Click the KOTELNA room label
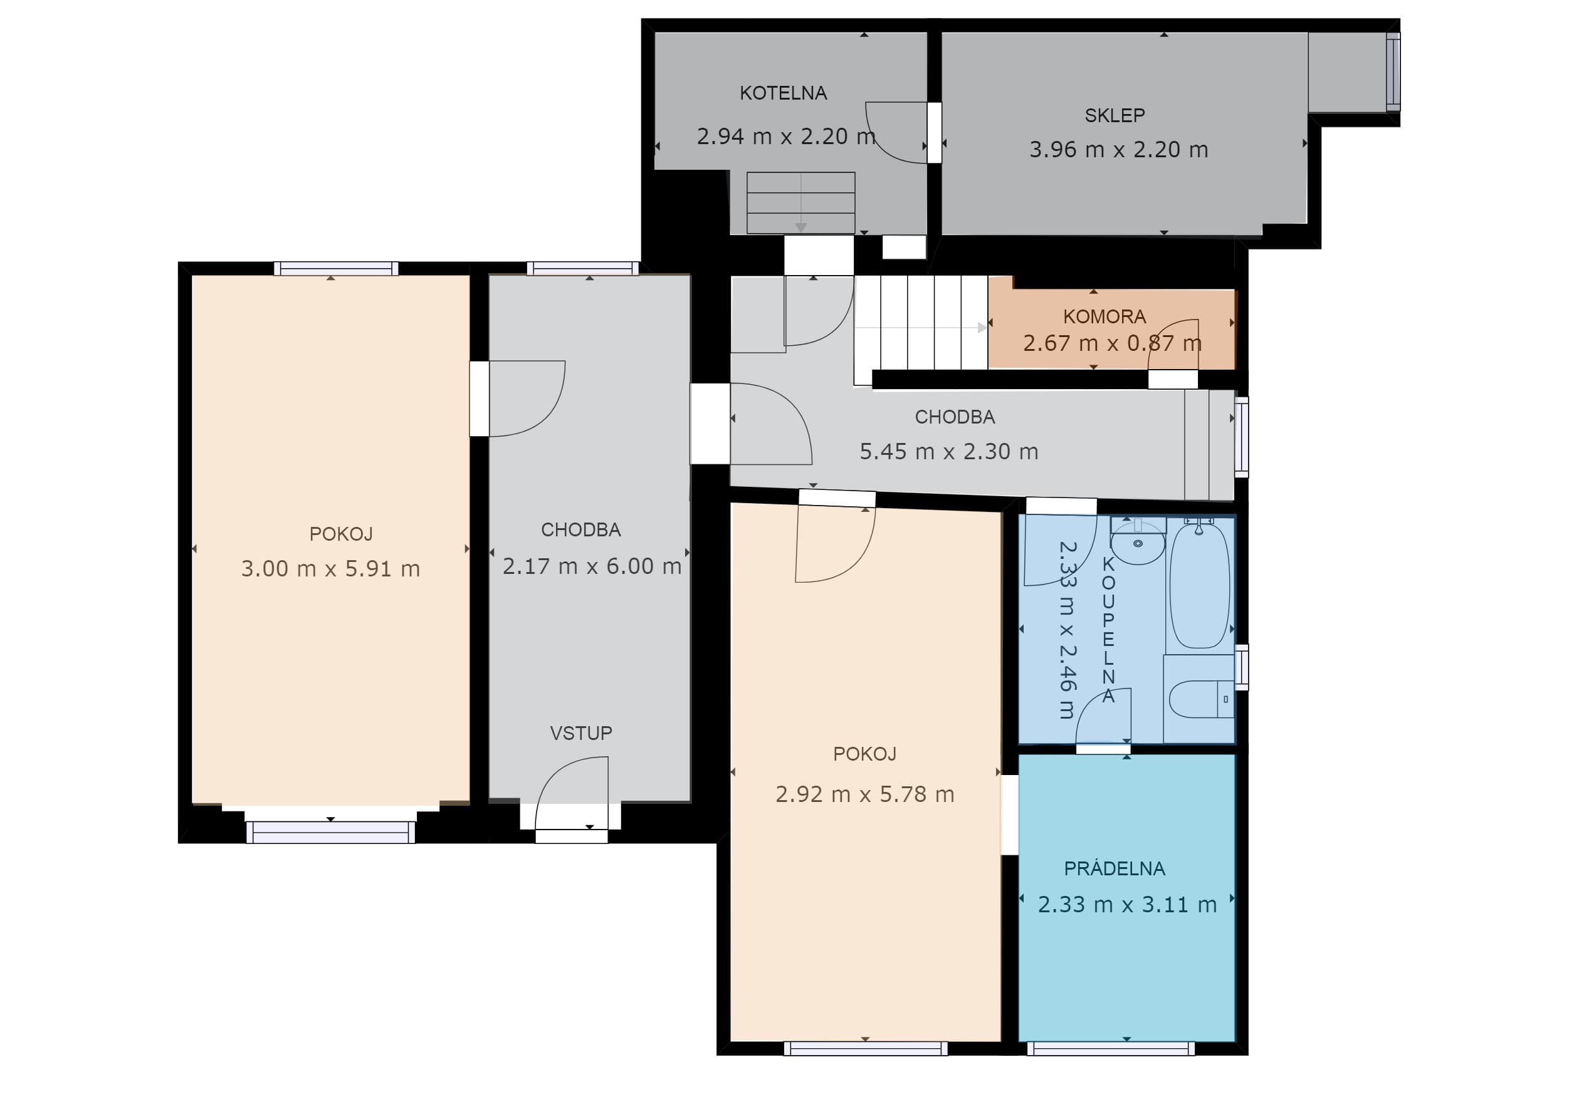(x=783, y=93)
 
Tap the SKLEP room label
(x=1115, y=115)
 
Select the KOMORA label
(x=1104, y=316)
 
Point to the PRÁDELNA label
(x=1115, y=868)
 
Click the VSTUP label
(x=580, y=734)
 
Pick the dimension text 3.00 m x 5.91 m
(x=330, y=569)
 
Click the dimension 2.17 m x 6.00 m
(x=592, y=566)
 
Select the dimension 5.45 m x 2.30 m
(x=949, y=452)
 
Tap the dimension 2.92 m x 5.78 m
(x=864, y=794)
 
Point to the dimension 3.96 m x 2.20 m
(x=1118, y=149)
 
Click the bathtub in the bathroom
(x=1199, y=585)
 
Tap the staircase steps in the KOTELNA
(x=800, y=203)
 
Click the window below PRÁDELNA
(x=1111, y=1049)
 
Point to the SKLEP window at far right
(x=1393, y=72)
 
